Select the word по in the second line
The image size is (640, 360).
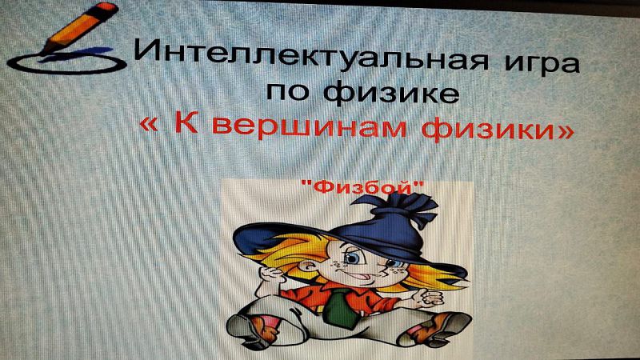(287, 91)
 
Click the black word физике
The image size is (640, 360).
(391, 92)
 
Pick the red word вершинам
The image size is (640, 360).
(310, 126)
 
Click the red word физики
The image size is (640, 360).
(486, 128)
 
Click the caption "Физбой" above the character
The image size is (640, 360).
(362, 187)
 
